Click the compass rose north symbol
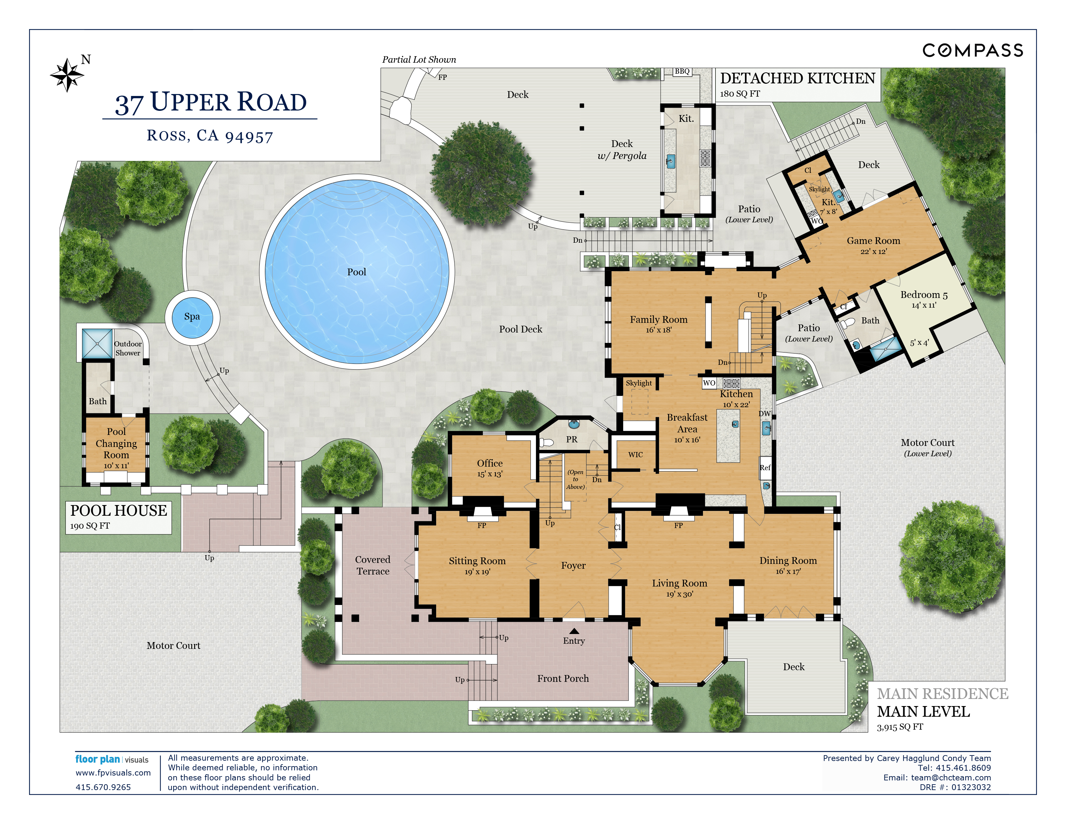[68, 75]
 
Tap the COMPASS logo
[972, 50]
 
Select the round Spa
[192, 317]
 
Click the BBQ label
[682, 71]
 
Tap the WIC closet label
[635, 454]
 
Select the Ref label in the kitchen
[765, 468]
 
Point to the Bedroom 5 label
[924, 294]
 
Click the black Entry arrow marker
[574, 631]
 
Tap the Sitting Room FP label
[482, 525]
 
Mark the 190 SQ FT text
[90, 526]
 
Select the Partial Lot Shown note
[419, 59]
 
